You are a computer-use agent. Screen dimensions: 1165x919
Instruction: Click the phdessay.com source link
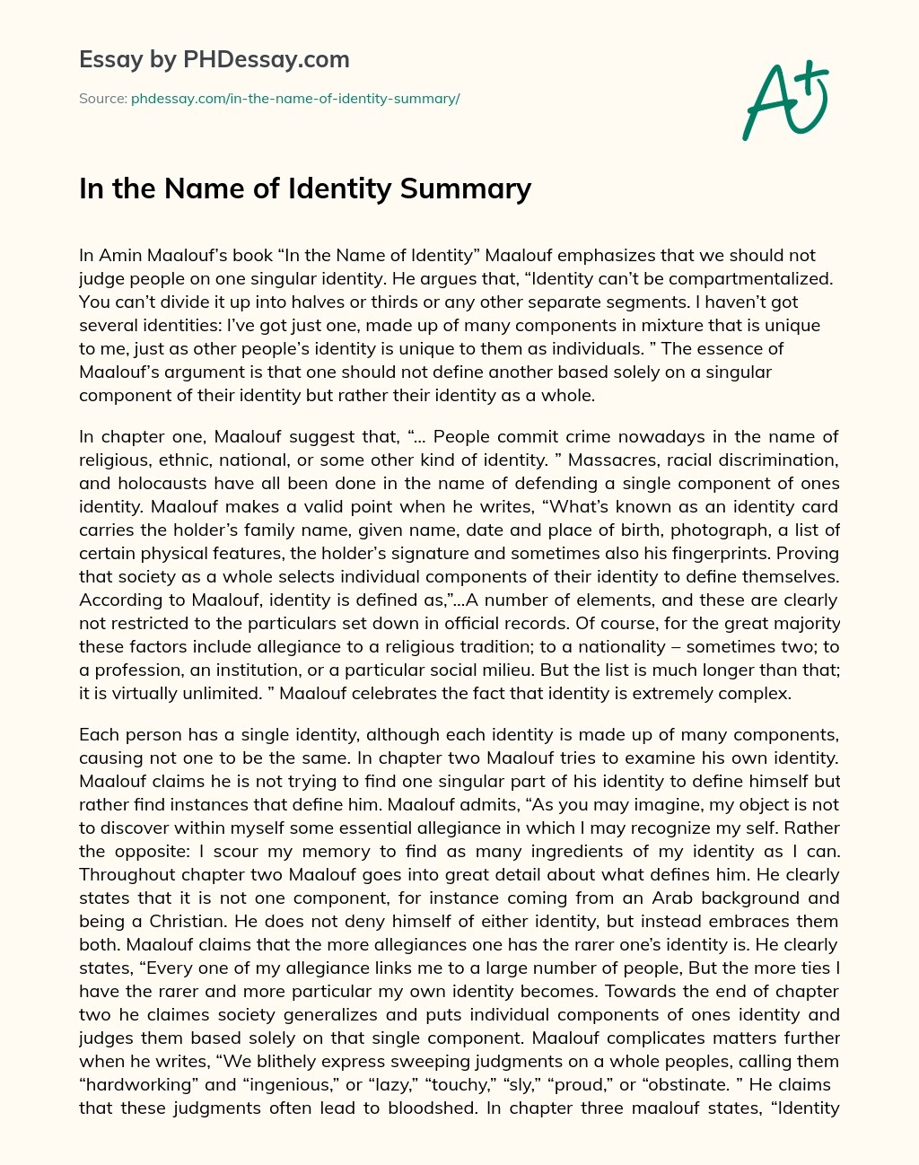pos(295,99)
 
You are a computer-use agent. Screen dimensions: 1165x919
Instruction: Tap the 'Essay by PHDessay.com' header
pos(214,60)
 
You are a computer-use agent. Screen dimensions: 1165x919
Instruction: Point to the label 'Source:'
pos(102,99)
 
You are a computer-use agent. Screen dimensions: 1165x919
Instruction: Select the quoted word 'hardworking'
pos(136,1084)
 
